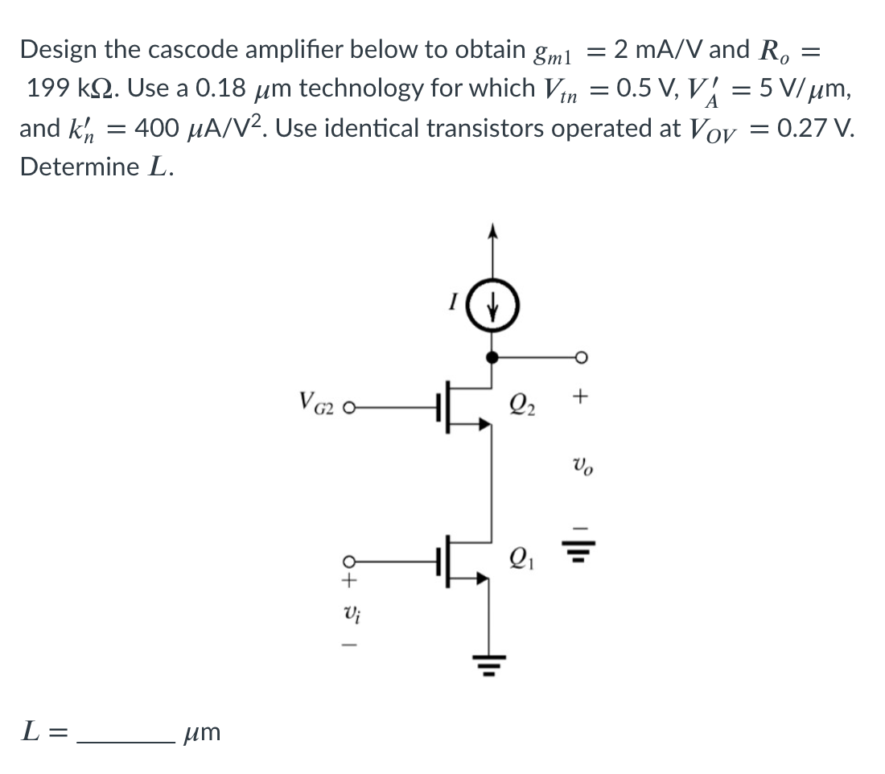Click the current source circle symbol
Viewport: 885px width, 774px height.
(492, 307)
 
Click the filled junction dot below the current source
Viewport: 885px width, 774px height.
(492, 357)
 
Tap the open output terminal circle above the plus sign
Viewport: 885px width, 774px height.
(582, 357)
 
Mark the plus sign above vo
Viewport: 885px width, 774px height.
(582, 397)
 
